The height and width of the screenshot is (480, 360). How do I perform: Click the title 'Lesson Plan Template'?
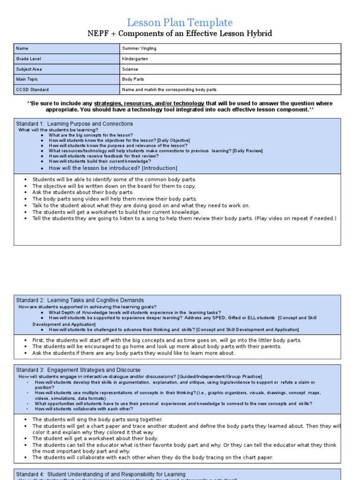pos(180,22)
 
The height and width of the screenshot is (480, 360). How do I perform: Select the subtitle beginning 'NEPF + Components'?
pos(180,34)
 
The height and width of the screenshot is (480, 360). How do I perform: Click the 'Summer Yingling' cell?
pos(139,49)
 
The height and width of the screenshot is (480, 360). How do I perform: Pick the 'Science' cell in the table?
pos(130,69)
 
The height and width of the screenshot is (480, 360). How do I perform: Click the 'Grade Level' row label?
pos(29,59)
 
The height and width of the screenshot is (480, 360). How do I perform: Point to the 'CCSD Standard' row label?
pos(32,90)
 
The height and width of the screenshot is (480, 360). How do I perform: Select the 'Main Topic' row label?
pos(28,79)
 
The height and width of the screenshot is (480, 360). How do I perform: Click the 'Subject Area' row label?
pos(29,69)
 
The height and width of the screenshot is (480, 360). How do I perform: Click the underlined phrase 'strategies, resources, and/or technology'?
pos(149,103)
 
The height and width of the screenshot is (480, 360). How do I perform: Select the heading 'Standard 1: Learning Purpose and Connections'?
pos(75,124)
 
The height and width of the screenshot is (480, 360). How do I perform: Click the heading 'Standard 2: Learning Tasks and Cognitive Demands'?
pos(80,300)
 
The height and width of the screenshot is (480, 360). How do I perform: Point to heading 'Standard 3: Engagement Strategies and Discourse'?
pos(78,370)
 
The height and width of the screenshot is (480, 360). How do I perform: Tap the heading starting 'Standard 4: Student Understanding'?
pos(101,474)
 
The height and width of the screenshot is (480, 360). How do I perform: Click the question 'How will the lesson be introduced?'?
pos(113,168)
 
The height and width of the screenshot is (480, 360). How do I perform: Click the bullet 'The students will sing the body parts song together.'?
pos(97,420)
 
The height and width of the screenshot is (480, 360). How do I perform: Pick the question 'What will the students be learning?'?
pos(58,130)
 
